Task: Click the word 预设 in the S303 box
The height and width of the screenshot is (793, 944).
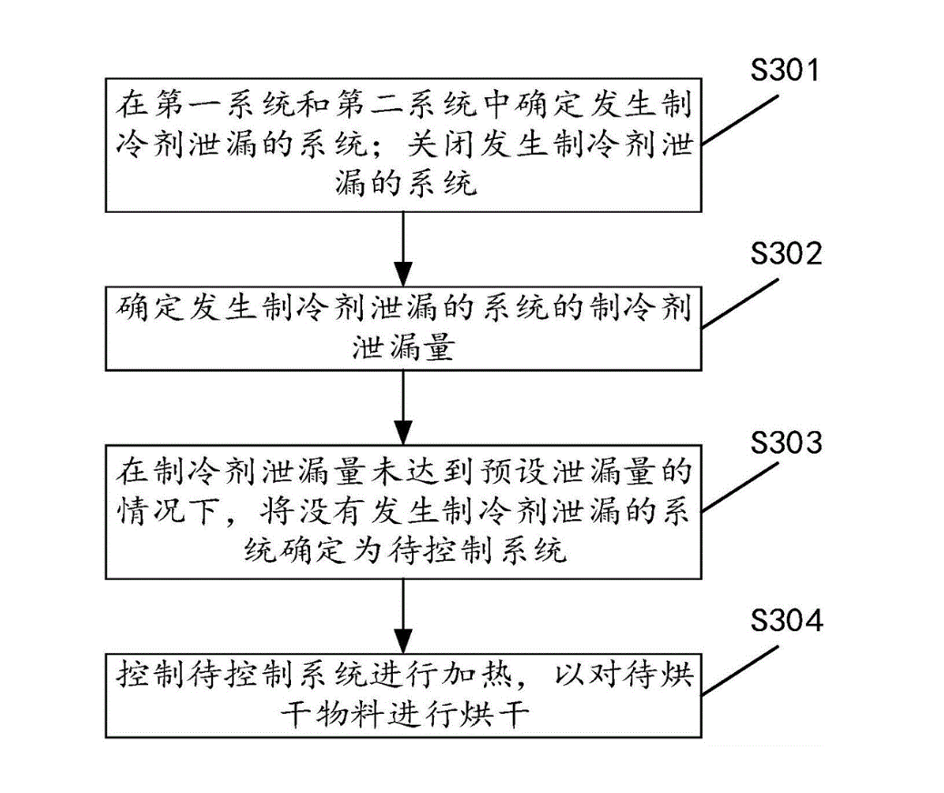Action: (x=522, y=470)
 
